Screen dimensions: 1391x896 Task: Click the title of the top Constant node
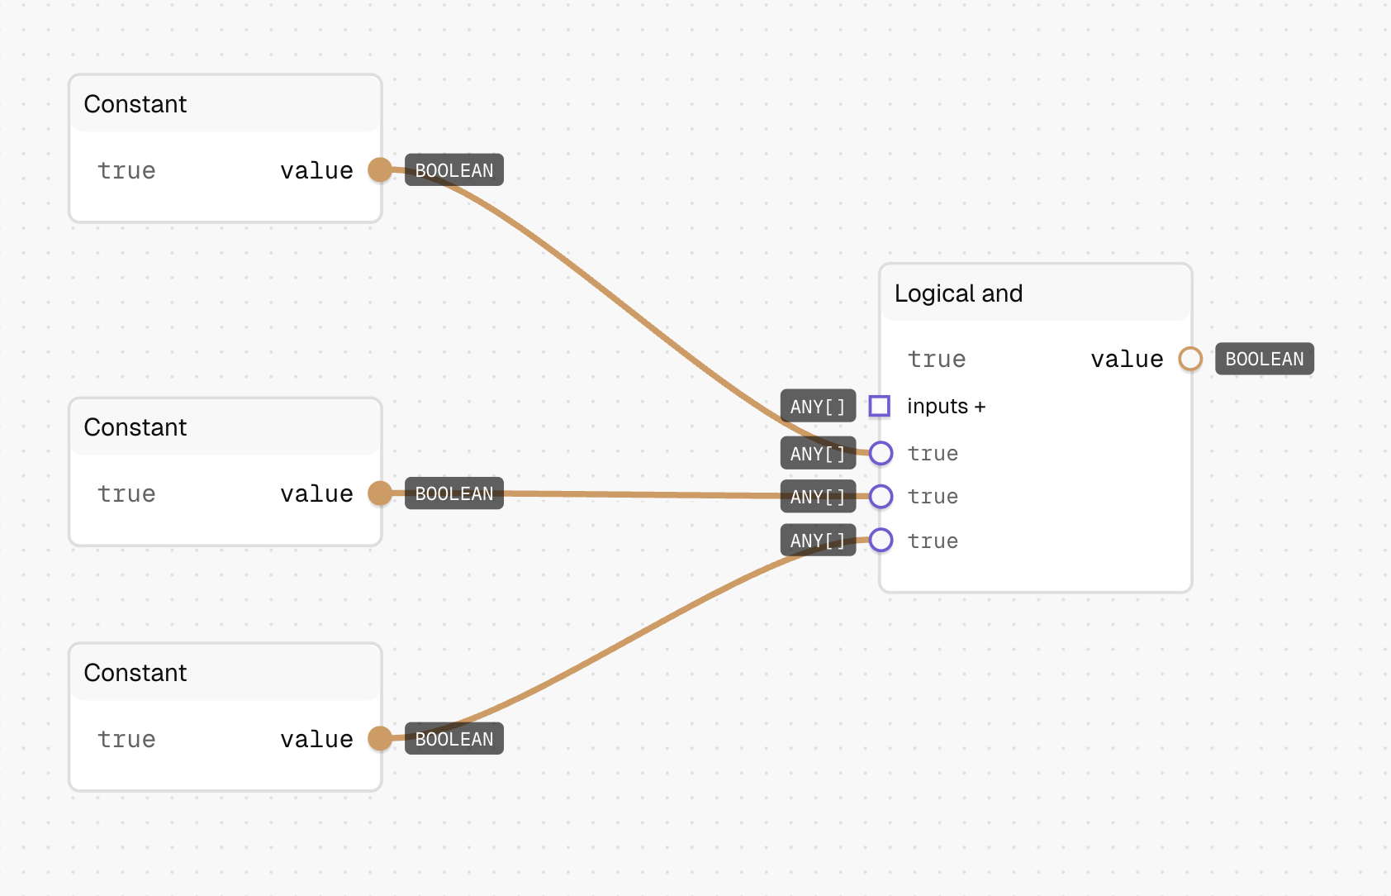point(135,104)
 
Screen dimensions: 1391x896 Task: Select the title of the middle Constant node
point(135,427)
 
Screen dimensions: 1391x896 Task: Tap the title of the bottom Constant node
point(135,672)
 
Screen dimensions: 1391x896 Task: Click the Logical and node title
point(958,293)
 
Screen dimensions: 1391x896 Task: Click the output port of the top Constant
point(380,169)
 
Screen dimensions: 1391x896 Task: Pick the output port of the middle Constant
point(380,493)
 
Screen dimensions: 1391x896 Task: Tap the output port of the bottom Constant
point(380,738)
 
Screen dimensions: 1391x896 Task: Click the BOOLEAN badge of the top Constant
point(454,169)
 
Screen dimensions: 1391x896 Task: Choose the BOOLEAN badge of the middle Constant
point(454,493)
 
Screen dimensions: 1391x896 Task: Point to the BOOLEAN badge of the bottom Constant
point(454,738)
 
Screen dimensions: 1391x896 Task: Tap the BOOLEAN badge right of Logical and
point(1265,359)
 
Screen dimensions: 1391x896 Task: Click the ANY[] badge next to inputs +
point(818,406)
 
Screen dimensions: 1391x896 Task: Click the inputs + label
point(946,407)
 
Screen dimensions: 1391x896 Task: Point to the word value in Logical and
point(1127,360)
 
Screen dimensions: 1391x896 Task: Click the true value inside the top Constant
point(126,170)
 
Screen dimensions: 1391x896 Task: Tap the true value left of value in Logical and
point(937,360)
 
